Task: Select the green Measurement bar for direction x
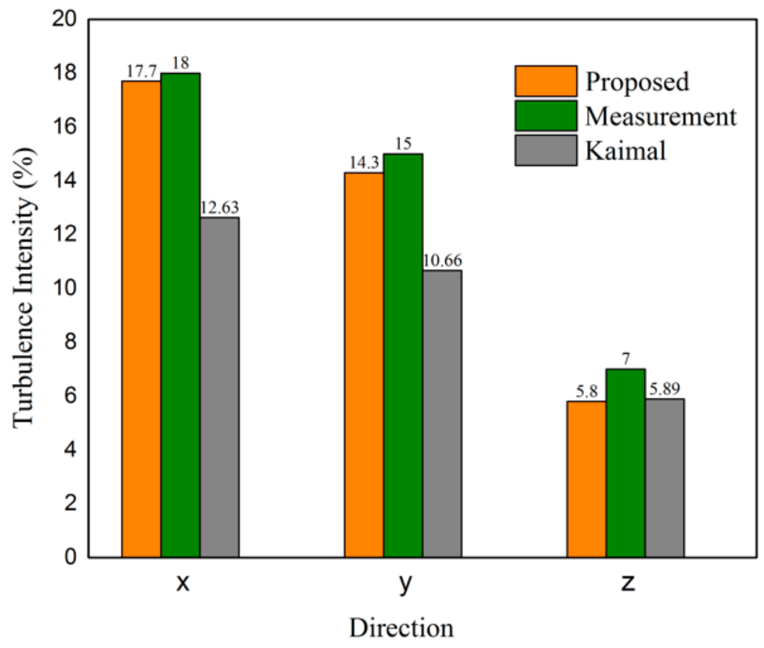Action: tap(180, 315)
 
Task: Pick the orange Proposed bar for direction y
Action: tap(364, 364)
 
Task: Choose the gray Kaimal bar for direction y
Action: tap(442, 413)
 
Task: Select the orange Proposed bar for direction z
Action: tap(586, 479)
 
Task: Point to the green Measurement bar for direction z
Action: tap(625, 463)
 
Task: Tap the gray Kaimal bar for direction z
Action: tap(664, 477)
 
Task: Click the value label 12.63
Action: tap(219, 208)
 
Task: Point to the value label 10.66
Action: tap(442, 261)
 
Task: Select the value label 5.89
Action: tap(664, 389)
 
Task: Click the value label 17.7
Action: tap(142, 71)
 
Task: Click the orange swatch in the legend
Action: tap(546, 81)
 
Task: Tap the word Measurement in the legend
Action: tap(660, 117)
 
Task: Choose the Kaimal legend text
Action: tap(625, 150)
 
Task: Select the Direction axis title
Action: tap(401, 628)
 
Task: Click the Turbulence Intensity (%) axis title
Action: tap(24, 288)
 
